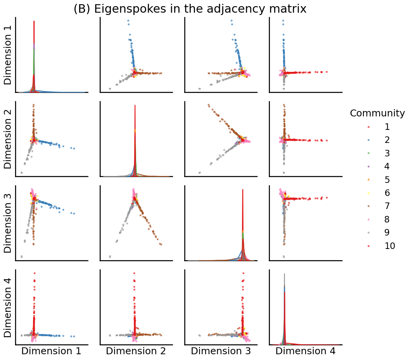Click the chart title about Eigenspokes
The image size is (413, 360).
(x=190, y=9)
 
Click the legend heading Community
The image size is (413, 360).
(x=377, y=113)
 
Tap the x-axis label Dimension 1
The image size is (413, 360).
(x=51, y=351)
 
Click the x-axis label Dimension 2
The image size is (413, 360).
(x=136, y=351)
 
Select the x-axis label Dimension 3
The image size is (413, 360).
(x=221, y=351)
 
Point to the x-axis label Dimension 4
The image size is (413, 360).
(x=305, y=351)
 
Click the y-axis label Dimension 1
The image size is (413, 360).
(x=8, y=55)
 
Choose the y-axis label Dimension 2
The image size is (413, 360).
(x=8, y=139)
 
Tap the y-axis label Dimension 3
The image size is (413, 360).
(x=8, y=223)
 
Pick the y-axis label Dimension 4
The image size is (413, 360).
(x=8, y=307)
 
